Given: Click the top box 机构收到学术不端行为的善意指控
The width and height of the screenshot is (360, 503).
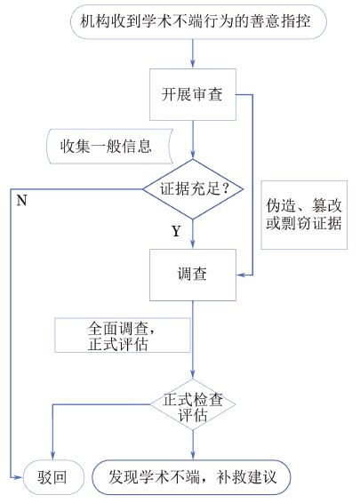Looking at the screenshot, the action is [198, 22].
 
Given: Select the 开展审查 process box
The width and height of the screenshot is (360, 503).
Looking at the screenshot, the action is [193, 94].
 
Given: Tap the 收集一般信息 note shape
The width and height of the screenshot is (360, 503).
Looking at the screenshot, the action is [110, 147].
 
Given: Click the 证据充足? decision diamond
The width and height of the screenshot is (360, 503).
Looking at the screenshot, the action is [193, 189].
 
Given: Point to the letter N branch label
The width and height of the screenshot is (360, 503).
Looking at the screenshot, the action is [22, 201].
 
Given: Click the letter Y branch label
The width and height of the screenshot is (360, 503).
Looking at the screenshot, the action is [176, 231].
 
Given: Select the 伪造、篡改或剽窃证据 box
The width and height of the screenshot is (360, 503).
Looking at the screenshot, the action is [304, 215].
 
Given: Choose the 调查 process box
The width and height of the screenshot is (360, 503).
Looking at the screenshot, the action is [193, 275].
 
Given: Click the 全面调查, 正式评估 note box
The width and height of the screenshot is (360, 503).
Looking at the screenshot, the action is [123, 336].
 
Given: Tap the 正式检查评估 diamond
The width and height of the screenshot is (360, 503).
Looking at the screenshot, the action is [193, 404].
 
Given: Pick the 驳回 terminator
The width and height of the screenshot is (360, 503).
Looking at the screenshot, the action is [53, 477].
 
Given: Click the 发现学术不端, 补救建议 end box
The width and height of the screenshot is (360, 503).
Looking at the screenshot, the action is [191, 477].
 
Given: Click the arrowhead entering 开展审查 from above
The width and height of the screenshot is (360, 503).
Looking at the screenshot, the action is [193, 64].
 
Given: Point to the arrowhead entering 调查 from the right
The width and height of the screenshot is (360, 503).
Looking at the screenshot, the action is [241, 275].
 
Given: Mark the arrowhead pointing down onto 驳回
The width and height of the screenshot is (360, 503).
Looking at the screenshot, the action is [52, 456].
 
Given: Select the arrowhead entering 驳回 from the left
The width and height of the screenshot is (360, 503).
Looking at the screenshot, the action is [19, 477].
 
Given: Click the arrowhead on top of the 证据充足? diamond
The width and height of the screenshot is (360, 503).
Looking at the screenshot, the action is [193, 155].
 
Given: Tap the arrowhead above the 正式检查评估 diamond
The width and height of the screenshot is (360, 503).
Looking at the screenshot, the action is [193, 374].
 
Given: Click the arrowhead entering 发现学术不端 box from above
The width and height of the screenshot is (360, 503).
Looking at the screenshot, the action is [193, 456].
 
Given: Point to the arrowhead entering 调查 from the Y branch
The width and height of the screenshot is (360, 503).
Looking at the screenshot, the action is [193, 244].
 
